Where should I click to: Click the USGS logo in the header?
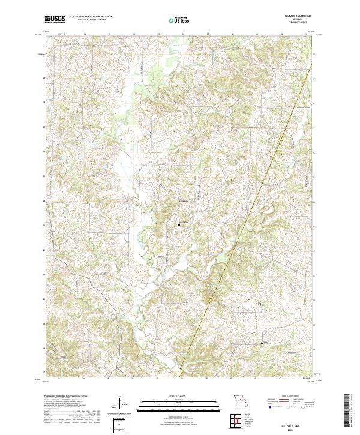coord(55,19)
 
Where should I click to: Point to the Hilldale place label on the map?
coord(184,200)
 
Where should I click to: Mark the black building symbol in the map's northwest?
coord(99,91)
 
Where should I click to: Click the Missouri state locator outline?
coord(241,401)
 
